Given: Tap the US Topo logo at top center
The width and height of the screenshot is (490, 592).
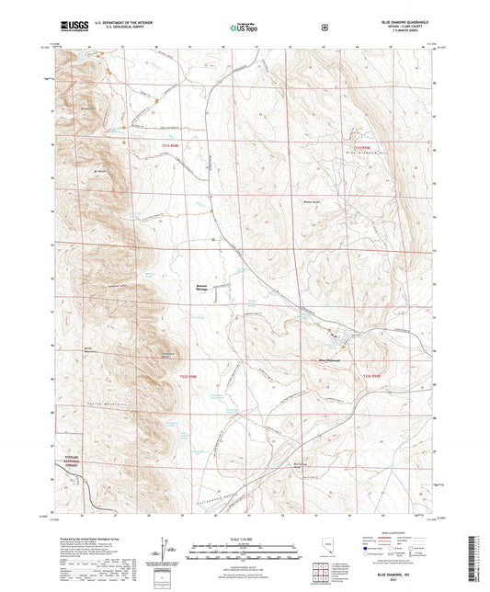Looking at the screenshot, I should coord(242,28).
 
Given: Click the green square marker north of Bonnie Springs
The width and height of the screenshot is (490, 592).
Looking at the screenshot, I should coord(212,240).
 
